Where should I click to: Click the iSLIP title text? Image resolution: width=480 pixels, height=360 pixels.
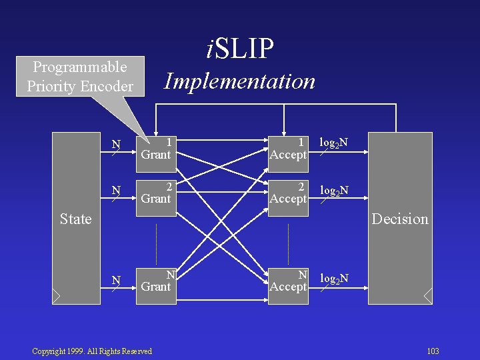click(240, 48)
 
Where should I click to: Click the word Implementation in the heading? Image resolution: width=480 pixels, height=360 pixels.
click(240, 81)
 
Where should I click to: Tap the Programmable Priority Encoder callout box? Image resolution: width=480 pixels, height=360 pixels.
click(80, 77)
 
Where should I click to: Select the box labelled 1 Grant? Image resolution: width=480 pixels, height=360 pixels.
click(156, 149)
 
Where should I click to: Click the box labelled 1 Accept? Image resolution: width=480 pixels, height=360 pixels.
click(288, 149)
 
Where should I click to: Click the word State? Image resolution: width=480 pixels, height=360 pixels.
click(75, 219)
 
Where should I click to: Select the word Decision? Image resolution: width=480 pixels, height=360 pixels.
click(400, 219)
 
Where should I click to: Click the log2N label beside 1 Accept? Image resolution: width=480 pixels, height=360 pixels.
click(334, 143)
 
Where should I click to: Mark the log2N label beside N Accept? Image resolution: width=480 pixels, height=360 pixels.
click(334, 276)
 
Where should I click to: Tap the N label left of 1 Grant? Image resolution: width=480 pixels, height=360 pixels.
click(116, 144)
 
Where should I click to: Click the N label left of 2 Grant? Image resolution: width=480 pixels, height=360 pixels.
click(116, 191)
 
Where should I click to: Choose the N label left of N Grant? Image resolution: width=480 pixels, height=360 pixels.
click(116, 280)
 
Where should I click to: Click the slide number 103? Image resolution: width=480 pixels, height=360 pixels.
click(433, 351)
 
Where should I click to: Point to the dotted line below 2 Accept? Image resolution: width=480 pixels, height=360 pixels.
click(288, 243)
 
